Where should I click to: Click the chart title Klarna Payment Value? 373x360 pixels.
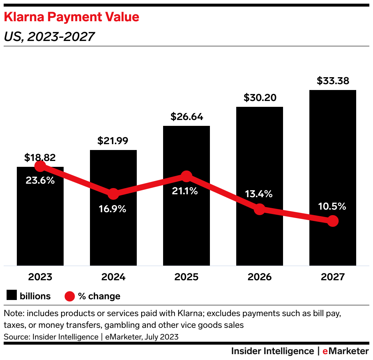click(71, 17)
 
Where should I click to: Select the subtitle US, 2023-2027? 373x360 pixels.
click(49, 37)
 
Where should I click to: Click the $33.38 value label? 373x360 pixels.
click(332, 81)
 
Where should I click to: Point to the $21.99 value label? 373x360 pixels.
click(113, 141)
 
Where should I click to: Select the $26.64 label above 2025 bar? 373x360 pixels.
click(186, 117)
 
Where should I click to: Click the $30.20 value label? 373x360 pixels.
click(259, 98)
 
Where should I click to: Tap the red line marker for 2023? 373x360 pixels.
click(40, 166)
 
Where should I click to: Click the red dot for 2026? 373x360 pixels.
click(259, 209)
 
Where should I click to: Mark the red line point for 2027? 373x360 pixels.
click(332, 221)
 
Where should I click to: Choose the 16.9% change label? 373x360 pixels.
click(113, 209)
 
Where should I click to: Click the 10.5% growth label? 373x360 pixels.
click(332, 206)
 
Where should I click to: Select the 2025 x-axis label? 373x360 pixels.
click(186, 277)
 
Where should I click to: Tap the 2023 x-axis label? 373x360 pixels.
click(40, 277)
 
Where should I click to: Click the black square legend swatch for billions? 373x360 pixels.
click(12, 296)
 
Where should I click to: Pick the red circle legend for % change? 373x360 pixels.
click(69, 296)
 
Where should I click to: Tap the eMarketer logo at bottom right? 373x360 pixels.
click(345, 351)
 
